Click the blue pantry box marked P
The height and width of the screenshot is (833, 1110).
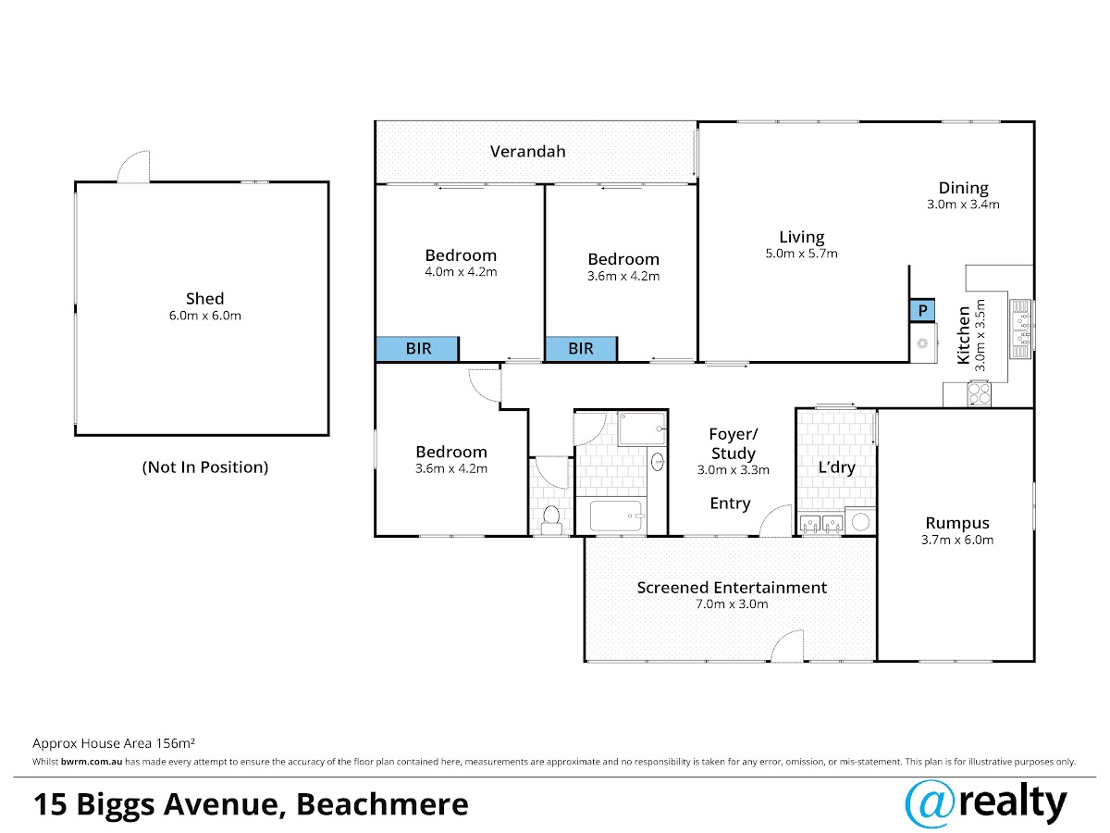tap(921, 310)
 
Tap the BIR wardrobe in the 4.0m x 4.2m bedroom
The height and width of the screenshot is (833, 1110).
tap(417, 349)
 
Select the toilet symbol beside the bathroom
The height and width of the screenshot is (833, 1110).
tap(550, 519)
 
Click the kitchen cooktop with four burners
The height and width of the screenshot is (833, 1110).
tap(979, 393)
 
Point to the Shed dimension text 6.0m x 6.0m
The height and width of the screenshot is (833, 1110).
tap(204, 316)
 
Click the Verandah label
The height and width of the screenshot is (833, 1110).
tap(527, 151)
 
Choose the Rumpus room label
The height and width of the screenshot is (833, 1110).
tap(957, 522)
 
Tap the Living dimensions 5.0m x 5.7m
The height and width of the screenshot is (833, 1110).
tap(801, 254)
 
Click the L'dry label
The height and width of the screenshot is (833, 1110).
tap(836, 467)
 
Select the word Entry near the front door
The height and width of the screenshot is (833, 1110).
tap(730, 504)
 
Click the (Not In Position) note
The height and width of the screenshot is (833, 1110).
tap(204, 466)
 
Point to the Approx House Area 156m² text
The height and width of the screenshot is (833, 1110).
tap(114, 743)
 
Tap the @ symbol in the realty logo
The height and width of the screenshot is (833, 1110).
tap(931, 803)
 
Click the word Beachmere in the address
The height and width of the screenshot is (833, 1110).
tap(382, 804)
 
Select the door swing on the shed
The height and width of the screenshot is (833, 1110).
tap(133, 167)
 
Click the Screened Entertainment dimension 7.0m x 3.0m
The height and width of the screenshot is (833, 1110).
tap(732, 603)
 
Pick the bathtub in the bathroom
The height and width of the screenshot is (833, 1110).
tap(615, 516)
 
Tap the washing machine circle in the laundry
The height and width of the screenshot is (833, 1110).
tap(860, 521)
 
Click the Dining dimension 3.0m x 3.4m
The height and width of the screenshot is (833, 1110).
tap(963, 205)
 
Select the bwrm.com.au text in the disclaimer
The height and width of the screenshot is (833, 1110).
tap(92, 762)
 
